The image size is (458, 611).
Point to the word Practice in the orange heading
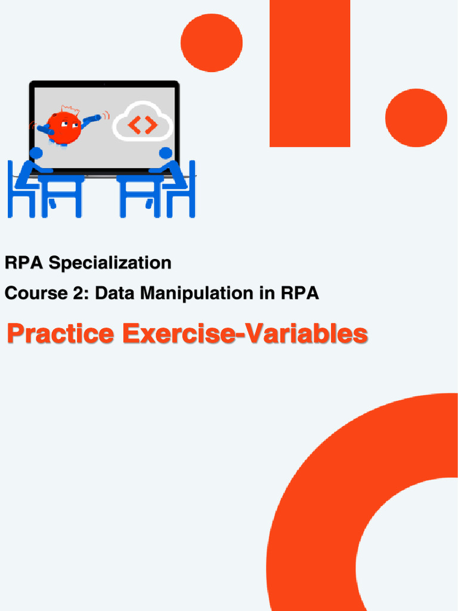pyautogui.click(x=60, y=334)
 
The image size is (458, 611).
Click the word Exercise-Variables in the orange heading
pyautogui.click(x=245, y=334)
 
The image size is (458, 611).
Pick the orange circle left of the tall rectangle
pyautogui.click(x=211, y=42)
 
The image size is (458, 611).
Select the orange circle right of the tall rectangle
pyautogui.click(x=416, y=118)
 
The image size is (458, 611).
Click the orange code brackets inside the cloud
pyautogui.click(x=143, y=125)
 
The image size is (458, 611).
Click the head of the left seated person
pyautogui.click(x=36, y=153)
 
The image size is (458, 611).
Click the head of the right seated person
pyautogui.click(x=166, y=153)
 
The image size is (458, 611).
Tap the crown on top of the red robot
pyautogui.click(x=70, y=110)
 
